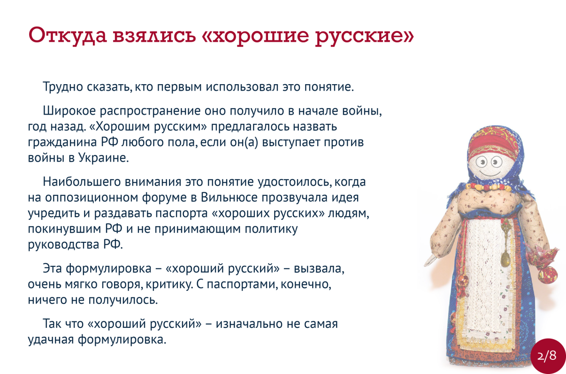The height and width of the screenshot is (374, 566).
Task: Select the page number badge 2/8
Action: (547, 356)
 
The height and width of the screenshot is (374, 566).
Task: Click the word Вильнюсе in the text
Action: (229, 197)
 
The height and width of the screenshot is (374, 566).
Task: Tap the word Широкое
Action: (70, 110)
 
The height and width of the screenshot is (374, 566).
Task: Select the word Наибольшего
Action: (82, 182)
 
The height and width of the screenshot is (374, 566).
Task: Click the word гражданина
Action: (62, 142)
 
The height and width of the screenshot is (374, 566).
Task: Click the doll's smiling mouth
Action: (489, 173)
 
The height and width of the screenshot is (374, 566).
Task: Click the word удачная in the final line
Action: (51, 339)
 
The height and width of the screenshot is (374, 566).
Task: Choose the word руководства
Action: (64, 244)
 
